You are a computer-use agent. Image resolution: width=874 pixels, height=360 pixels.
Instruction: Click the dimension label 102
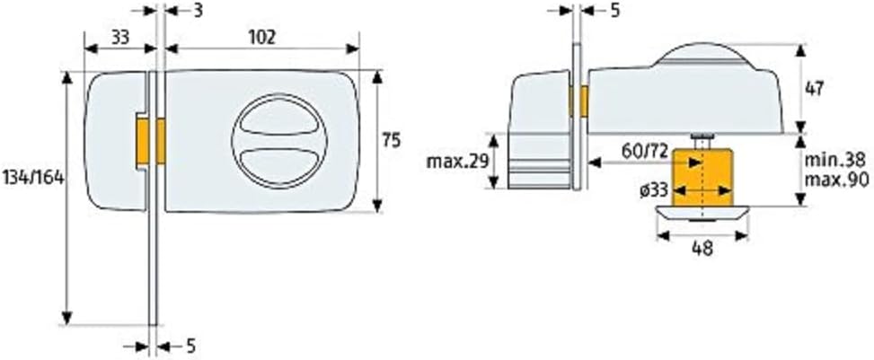tap(261, 38)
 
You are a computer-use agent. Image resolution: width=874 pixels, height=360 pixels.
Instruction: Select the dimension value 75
tap(392, 140)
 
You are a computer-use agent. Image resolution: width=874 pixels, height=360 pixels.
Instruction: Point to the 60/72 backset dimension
tap(644, 151)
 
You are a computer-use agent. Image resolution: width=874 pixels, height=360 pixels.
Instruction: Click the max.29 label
tap(457, 162)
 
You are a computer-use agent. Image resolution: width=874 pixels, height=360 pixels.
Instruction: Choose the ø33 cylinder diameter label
tap(655, 190)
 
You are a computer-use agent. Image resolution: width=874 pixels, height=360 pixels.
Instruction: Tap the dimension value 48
tap(702, 248)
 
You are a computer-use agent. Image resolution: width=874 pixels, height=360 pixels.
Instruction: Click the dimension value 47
tap(815, 89)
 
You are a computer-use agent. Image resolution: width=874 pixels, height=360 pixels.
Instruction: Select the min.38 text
tap(835, 161)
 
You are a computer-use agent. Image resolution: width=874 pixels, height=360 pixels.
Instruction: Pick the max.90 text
tap(838, 180)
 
